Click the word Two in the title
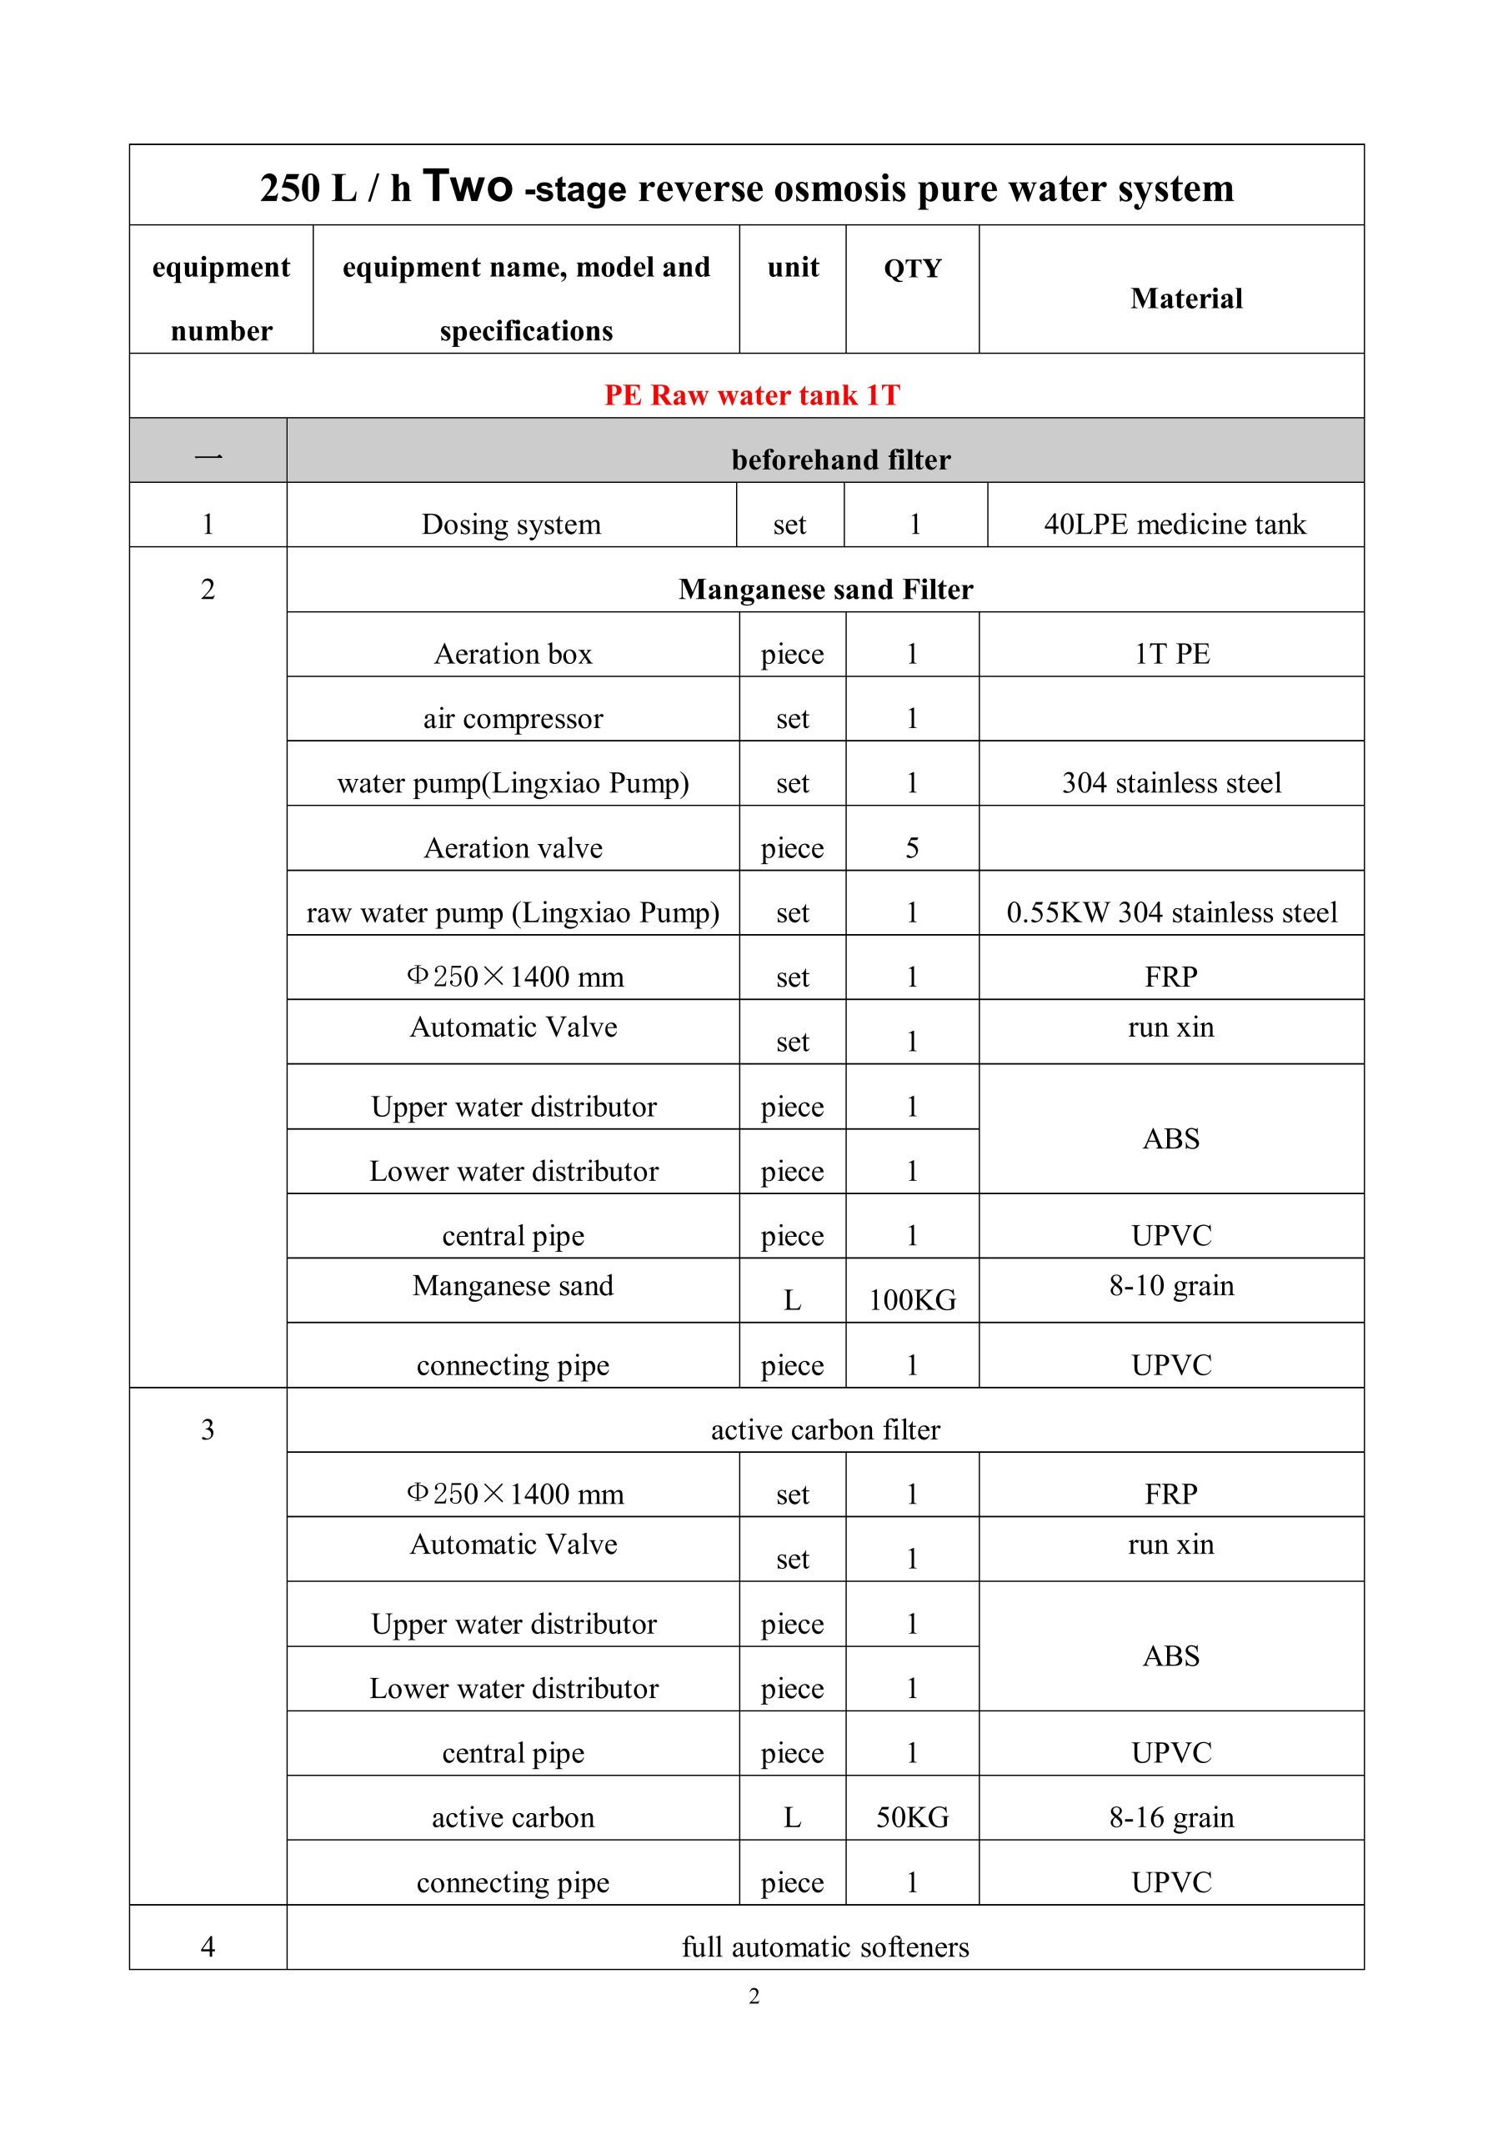467,186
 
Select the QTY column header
912,269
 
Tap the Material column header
1185,299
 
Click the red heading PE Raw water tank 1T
751,395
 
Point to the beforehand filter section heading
840,460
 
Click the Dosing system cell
511,525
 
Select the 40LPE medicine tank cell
1175,525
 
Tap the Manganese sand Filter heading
824,590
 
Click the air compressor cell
514,719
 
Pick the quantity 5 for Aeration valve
912,848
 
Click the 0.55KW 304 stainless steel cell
1171,912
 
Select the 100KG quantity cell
912,1300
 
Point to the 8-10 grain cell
1171,1286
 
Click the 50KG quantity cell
912,1817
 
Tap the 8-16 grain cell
1171,1817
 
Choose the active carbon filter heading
824,1429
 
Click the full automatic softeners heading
824,1947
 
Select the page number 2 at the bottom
754,1997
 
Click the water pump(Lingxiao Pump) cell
514,783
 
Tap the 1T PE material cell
1171,654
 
